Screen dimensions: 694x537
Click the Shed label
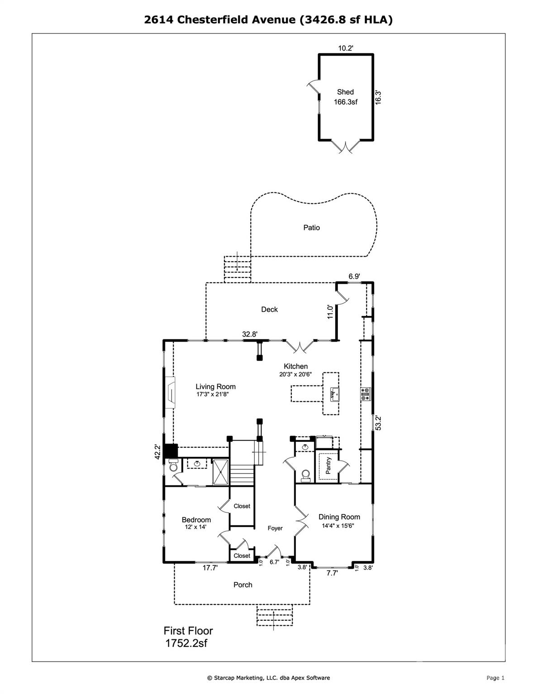pyautogui.click(x=345, y=92)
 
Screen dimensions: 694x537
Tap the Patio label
pyautogui.click(x=311, y=228)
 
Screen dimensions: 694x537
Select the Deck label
pyautogui.click(x=269, y=309)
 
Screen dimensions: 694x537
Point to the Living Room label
pyautogui.click(x=215, y=387)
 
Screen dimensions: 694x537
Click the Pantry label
pyautogui.click(x=328, y=465)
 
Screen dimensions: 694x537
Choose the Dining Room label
pyautogui.click(x=339, y=517)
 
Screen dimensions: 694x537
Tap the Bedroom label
pyautogui.click(x=196, y=520)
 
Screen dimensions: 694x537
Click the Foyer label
pyautogui.click(x=275, y=528)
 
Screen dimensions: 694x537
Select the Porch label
pyautogui.click(x=242, y=585)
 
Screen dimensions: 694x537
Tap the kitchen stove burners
pyautogui.click(x=365, y=394)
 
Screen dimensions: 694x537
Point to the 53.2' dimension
pyautogui.click(x=379, y=423)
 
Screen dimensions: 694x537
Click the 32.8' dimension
pyautogui.click(x=250, y=334)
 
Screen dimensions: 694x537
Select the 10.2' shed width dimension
pyautogui.click(x=346, y=48)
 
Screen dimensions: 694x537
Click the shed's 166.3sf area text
pyautogui.click(x=346, y=102)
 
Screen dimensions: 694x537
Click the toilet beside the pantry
pyautogui.click(x=305, y=474)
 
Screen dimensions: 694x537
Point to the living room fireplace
pyautogui.click(x=171, y=392)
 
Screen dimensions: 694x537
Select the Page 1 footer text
pyautogui.click(x=495, y=678)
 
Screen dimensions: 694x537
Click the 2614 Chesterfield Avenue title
pyautogui.click(x=268, y=19)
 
